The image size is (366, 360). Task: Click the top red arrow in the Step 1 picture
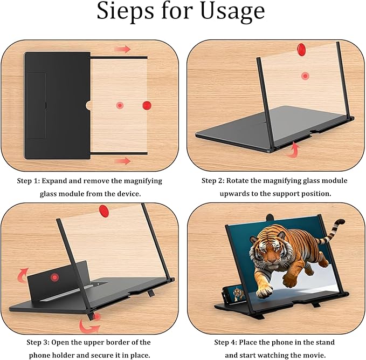pos(123,50)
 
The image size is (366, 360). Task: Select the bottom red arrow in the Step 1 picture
pos(123,160)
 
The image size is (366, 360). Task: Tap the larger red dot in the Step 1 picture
pos(147,105)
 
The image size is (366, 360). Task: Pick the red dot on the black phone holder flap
pos(54,277)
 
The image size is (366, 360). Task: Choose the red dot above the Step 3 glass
pos(103,209)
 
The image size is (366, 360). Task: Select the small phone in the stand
pos(238,294)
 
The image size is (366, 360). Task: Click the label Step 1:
pos(31,181)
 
